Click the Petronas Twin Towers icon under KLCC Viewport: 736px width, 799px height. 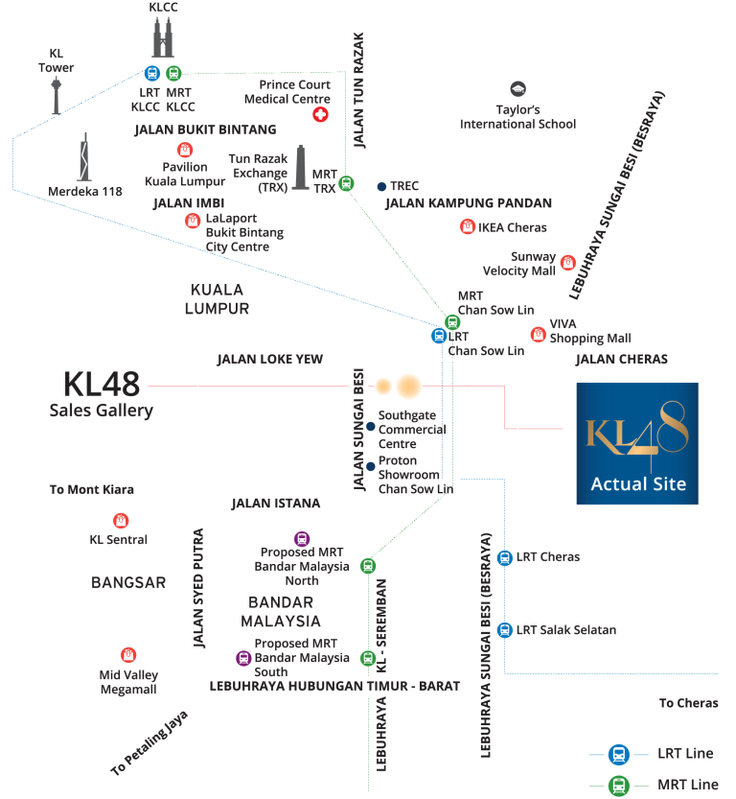pyautogui.click(x=163, y=36)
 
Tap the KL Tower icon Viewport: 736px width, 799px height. pyautogui.click(x=56, y=95)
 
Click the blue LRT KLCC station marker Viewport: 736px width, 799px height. pyautogui.click(x=152, y=73)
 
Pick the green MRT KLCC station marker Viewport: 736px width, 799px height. pyautogui.click(x=173, y=73)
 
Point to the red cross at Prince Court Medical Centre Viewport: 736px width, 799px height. pyautogui.click(x=320, y=115)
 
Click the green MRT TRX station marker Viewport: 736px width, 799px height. pyautogui.click(x=346, y=183)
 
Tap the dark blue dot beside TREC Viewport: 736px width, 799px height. pyautogui.click(x=381, y=186)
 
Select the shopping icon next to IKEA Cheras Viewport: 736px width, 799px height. pyautogui.click(x=468, y=226)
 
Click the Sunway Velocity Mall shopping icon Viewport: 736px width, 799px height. pyautogui.click(x=568, y=263)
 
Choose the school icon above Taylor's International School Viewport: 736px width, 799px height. pyautogui.click(x=518, y=88)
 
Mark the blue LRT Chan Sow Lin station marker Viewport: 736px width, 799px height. pyautogui.click(x=439, y=336)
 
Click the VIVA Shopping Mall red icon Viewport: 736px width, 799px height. pyautogui.click(x=538, y=334)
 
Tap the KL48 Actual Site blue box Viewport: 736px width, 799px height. pyautogui.click(x=637, y=443)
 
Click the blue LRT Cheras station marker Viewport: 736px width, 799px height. pyautogui.click(x=504, y=558)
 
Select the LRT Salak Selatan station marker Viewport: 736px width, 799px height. pyautogui.click(x=504, y=630)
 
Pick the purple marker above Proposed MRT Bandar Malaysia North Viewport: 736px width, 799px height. pyautogui.click(x=302, y=539)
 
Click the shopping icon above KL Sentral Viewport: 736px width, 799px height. pyautogui.click(x=121, y=520)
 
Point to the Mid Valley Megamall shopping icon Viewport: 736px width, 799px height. pyautogui.click(x=128, y=655)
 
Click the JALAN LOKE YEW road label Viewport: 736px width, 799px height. pyautogui.click(x=269, y=360)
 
